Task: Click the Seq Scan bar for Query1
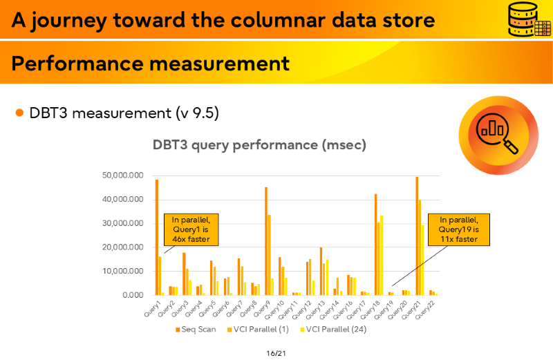pos(157,237)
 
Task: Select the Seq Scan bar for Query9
pos(266,241)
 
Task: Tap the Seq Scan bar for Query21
pos(417,236)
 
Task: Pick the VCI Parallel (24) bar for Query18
pos(382,255)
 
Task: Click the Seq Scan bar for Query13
pos(321,271)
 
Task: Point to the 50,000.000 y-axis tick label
pos(123,176)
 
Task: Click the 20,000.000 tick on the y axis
pos(123,247)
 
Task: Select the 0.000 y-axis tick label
pos(133,295)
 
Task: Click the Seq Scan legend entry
pos(196,330)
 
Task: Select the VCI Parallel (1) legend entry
pos(258,330)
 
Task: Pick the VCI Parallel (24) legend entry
pos(333,330)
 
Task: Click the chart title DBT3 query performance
pos(259,145)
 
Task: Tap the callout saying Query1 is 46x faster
pos(191,229)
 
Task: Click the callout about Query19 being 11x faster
pos(459,229)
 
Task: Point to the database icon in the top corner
pos(529,19)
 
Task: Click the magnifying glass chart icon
pos(498,135)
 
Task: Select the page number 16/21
pos(276,353)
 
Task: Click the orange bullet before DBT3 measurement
pos(19,113)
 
